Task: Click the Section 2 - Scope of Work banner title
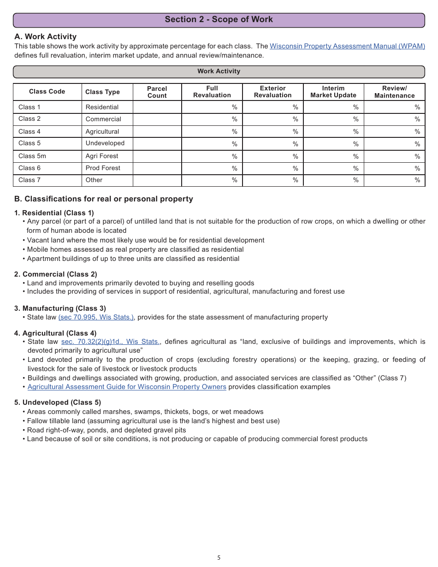point(219,19)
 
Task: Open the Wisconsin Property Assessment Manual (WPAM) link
point(347,46)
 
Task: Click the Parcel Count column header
point(157,92)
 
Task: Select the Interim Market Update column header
point(333,92)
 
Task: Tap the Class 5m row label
point(32,156)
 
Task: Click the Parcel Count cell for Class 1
point(157,107)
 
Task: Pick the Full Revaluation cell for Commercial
point(212,119)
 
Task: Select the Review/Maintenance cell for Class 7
point(394,180)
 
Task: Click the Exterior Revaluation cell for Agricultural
point(272,131)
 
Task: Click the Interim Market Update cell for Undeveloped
point(333,143)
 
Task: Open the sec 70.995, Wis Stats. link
point(96,317)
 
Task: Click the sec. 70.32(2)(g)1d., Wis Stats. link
point(110,342)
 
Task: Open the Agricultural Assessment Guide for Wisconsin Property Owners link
point(127,387)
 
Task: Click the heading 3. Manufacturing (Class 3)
point(60,308)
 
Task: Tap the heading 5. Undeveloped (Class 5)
point(58,402)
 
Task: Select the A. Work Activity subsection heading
point(45,36)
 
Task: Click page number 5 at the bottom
point(219,557)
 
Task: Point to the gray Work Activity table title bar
point(219,71)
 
